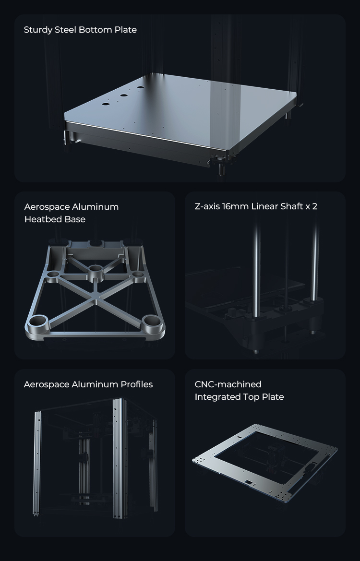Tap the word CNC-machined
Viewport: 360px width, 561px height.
tap(228, 384)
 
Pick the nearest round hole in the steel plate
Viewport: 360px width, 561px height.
tap(106, 104)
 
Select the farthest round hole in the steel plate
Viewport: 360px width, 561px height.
tap(140, 87)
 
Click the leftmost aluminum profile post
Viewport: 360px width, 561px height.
tap(37, 463)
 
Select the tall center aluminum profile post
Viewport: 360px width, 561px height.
tap(120, 458)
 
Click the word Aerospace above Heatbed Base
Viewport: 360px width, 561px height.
tap(47, 207)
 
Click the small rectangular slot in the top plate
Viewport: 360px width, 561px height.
tap(247, 482)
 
